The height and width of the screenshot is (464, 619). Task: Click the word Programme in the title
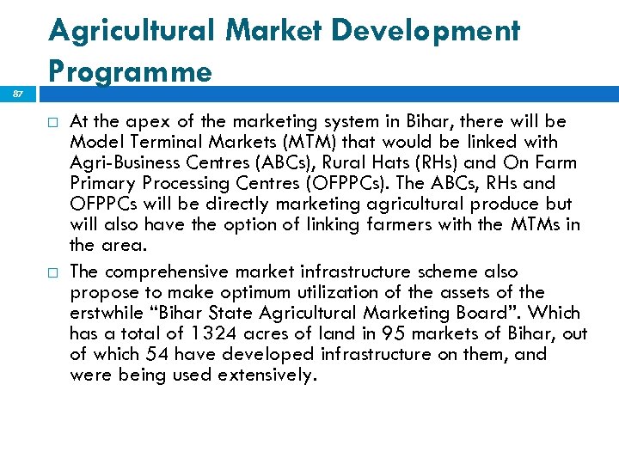click(130, 70)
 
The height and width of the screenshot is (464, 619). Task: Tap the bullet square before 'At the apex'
click(53, 121)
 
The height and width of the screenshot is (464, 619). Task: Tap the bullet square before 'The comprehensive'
click(53, 272)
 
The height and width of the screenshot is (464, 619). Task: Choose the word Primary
click(101, 183)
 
